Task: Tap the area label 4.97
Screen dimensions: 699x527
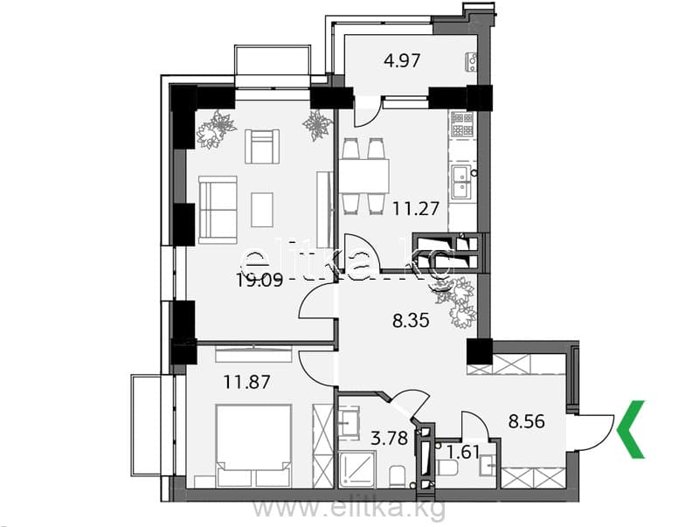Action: (402, 60)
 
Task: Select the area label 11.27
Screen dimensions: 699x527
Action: (416, 208)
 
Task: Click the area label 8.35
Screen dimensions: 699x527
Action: (411, 320)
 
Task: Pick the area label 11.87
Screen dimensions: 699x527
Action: (246, 382)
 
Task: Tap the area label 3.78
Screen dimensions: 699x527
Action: (390, 438)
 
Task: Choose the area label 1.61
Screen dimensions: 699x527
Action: (464, 452)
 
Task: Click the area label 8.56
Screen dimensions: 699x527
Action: (527, 420)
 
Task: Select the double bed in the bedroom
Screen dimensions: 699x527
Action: (253, 446)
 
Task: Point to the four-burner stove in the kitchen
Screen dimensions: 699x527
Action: (462, 124)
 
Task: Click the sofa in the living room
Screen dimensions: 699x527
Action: (218, 210)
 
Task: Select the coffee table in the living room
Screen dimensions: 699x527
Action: (261, 210)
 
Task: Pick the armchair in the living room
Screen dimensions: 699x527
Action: (262, 146)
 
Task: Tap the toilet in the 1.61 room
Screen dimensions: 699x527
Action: (447, 468)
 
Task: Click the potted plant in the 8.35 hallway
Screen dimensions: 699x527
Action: (456, 302)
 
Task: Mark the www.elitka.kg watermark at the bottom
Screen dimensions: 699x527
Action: (349, 509)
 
